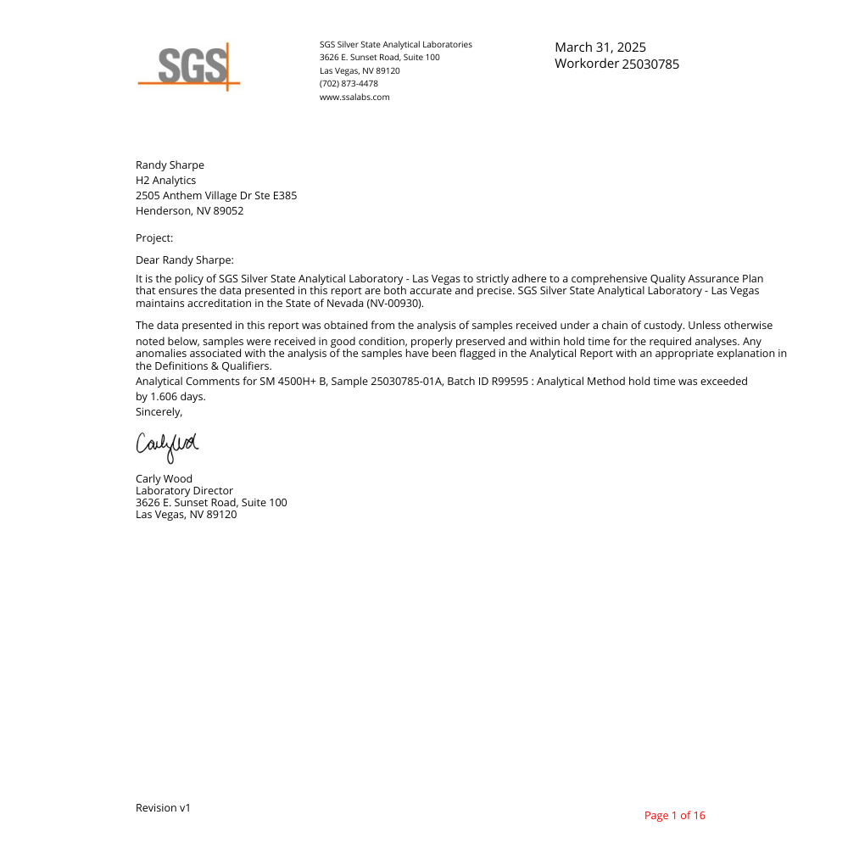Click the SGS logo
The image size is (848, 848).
click(x=190, y=66)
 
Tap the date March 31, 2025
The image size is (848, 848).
click(x=600, y=47)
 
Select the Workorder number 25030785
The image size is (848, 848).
click(x=650, y=64)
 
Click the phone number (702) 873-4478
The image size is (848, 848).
click(x=349, y=84)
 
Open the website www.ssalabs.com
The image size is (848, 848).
click(x=354, y=98)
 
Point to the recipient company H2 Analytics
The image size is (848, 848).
click(x=165, y=181)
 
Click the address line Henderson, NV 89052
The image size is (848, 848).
click(x=189, y=211)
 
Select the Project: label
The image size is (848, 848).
click(x=154, y=238)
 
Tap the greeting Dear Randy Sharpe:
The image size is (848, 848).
click(x=184, y=260)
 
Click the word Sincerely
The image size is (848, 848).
click(x=159, y=412)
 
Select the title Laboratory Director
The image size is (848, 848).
click(x=184, y=491)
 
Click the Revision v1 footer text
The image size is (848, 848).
click(x=163, y=808)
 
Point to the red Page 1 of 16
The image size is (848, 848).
click(x=674, y=816)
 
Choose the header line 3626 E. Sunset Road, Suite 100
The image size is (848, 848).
click(x=379, y=58)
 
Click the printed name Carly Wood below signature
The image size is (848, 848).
click(x=164, y=479)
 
